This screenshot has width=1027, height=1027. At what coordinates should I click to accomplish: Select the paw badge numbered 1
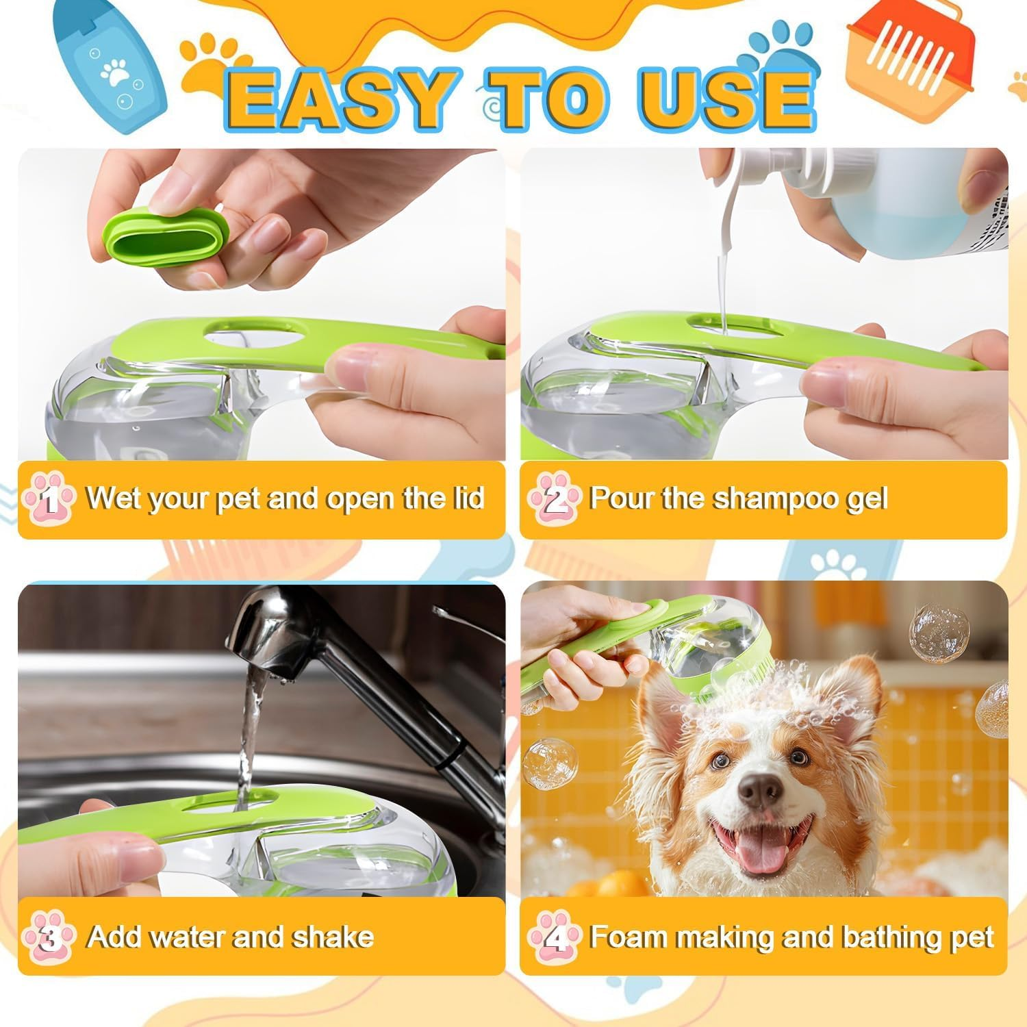(49, 499)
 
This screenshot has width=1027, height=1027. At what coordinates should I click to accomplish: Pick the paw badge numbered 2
(555, 499)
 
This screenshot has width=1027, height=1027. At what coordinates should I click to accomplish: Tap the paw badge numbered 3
(49, 937)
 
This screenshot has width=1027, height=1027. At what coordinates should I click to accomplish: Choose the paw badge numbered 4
(555, 937)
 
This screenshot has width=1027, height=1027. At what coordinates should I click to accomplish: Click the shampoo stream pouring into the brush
(721, 288)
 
